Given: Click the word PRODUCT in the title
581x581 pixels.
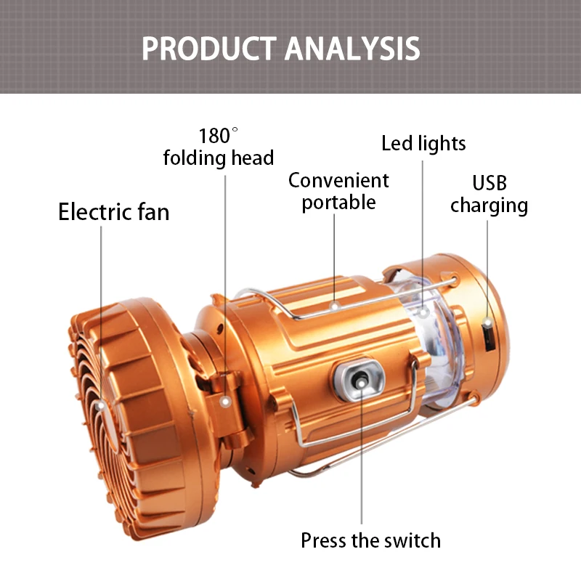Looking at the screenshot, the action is pos(209,49).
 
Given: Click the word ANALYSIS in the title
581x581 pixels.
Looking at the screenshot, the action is pos(352,49).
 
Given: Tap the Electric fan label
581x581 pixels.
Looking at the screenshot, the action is pos(114,212).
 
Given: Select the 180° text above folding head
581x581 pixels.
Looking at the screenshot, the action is pos(219,136).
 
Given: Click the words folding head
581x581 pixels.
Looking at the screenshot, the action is pos(219,158).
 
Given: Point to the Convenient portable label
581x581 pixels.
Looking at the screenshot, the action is pos(338,191).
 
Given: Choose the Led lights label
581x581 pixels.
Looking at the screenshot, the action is pos(423,143).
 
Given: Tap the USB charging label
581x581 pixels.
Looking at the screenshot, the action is pos(489,195).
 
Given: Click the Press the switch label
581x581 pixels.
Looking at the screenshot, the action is pos(371,540).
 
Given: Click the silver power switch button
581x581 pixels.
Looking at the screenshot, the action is pos(359,379).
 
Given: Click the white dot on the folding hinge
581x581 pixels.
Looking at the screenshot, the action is pos(225,402).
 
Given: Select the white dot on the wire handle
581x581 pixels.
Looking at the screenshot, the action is pos(334,306).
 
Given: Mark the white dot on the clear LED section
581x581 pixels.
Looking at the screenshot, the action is pos(423,312).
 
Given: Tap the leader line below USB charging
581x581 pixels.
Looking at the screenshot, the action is pos(487,269).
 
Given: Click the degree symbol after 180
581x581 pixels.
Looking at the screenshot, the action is pos(235,130).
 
